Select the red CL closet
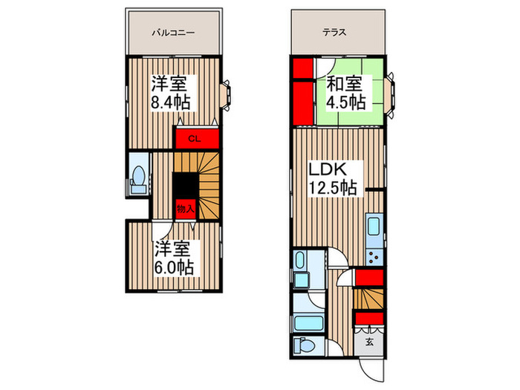[x=197, y=138]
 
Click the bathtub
[x=306, y=322]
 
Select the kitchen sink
[x=374, y=228]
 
